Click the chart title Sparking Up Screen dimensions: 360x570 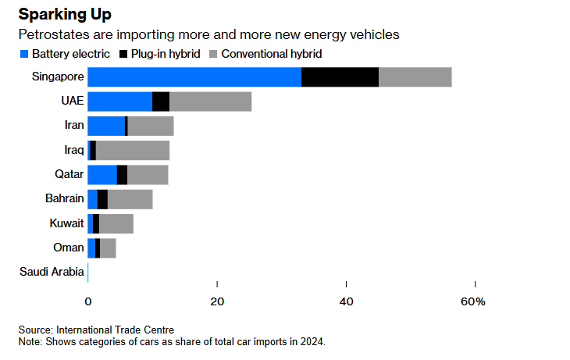coord(66,15)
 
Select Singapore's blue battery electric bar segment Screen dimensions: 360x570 coord(194,77)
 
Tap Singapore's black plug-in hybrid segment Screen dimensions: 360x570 coord(340,77)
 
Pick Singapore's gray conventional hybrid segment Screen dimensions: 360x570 coord(415,77)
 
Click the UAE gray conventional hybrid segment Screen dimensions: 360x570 coord(210,102)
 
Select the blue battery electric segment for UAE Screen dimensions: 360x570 coord(119,102)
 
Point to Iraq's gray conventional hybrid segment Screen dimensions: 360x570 coord(133,150)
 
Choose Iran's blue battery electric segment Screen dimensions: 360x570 coord(106,126)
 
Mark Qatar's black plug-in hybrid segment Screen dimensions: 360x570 coord(122,175)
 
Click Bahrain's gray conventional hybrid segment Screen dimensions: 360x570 coord(130,199)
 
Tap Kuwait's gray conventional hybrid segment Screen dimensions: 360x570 coord(116,223)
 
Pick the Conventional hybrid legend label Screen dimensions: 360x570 coord(271,55)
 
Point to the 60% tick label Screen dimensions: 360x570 coord(473,301)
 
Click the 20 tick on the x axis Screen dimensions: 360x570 coord(217,301)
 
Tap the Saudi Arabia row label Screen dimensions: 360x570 coord(51,272)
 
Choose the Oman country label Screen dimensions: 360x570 coord(68,248)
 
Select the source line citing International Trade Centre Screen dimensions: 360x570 coord(97,330)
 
